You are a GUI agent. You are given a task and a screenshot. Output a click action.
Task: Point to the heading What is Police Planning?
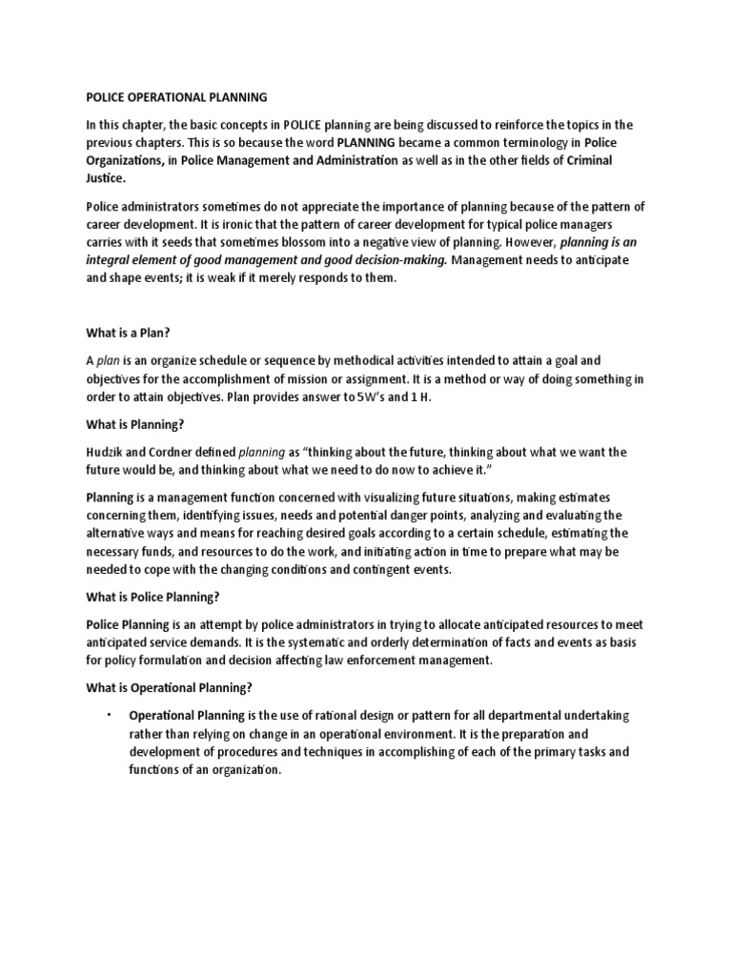(153, 598)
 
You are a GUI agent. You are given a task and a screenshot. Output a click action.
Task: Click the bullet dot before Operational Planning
(110, 714)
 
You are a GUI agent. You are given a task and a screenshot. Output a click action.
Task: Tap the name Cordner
(182, 452)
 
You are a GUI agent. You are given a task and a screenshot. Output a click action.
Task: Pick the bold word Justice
(105, 178)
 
